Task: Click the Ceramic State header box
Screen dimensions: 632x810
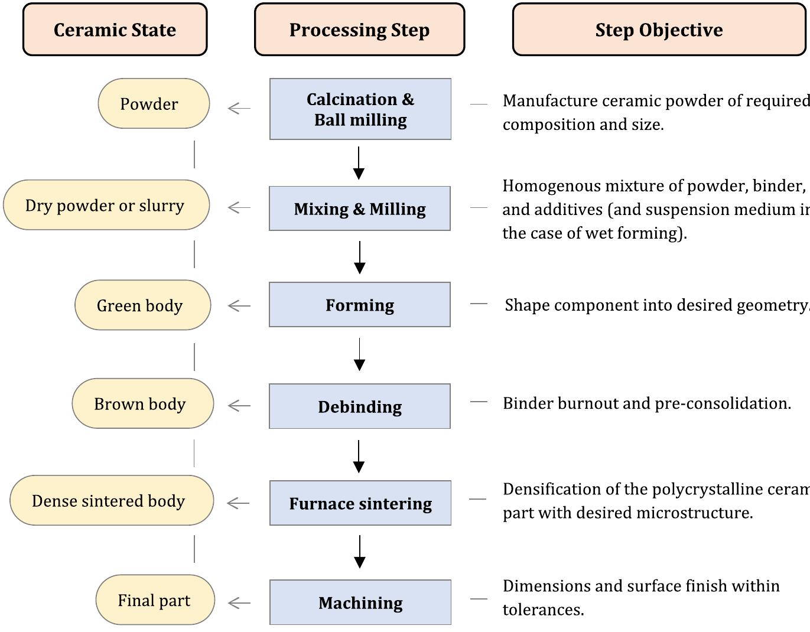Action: pyautogui.click(x=115, y=30)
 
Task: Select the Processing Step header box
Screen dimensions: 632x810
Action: pyautogui.click(x=359, y=30)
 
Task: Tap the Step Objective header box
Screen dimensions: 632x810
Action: pyautogui.click(x=659, y=30)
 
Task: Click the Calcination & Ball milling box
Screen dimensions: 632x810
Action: pyautogui.click(x=360, y=109)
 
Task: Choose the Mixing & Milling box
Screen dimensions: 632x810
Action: pyautogui.click(x=360, y=209)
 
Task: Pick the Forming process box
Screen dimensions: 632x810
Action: pyautogui.click(x=360, y=305)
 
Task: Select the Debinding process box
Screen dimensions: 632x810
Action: pyautogui.click(x=360, y=406)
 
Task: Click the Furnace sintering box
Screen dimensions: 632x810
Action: pyautogui.click(x=360, y=503)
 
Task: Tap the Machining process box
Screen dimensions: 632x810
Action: pyautogui.click(x=360, y=602)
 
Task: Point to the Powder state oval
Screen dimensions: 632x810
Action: pyautogui.click(x=154, y=103)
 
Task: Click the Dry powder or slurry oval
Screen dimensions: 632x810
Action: pyautogui.click(x=106, y=205)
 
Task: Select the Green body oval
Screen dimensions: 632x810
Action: pyautogui.click(x=142, y=305)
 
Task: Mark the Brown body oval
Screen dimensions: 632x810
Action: pyautogui.click(x=142, y=403)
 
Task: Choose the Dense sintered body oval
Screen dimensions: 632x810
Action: pyautogui.click(x=111, y=501)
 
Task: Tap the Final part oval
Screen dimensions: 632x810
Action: pyautogui.click(x=155, y=600)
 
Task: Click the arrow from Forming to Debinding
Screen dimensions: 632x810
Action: pyautogui.click(x=359, y=354)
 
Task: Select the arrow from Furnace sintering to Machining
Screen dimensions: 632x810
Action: pyautogui.click(x=359, y=552)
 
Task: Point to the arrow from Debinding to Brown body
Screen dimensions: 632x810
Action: pyautogui.click(x=239, y=406)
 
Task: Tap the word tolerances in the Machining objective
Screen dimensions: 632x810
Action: pyautogui.click(x=542, y=610)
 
